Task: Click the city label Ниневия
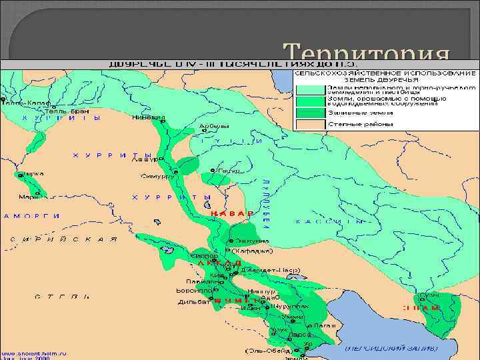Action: tap(151, 117)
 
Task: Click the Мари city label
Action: tap(27, 197)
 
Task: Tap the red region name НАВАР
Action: tap(233, 213)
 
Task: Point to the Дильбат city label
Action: tap(193, 301)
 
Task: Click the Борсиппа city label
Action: tap(193, 291)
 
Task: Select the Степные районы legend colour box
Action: tap(309, 124)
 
